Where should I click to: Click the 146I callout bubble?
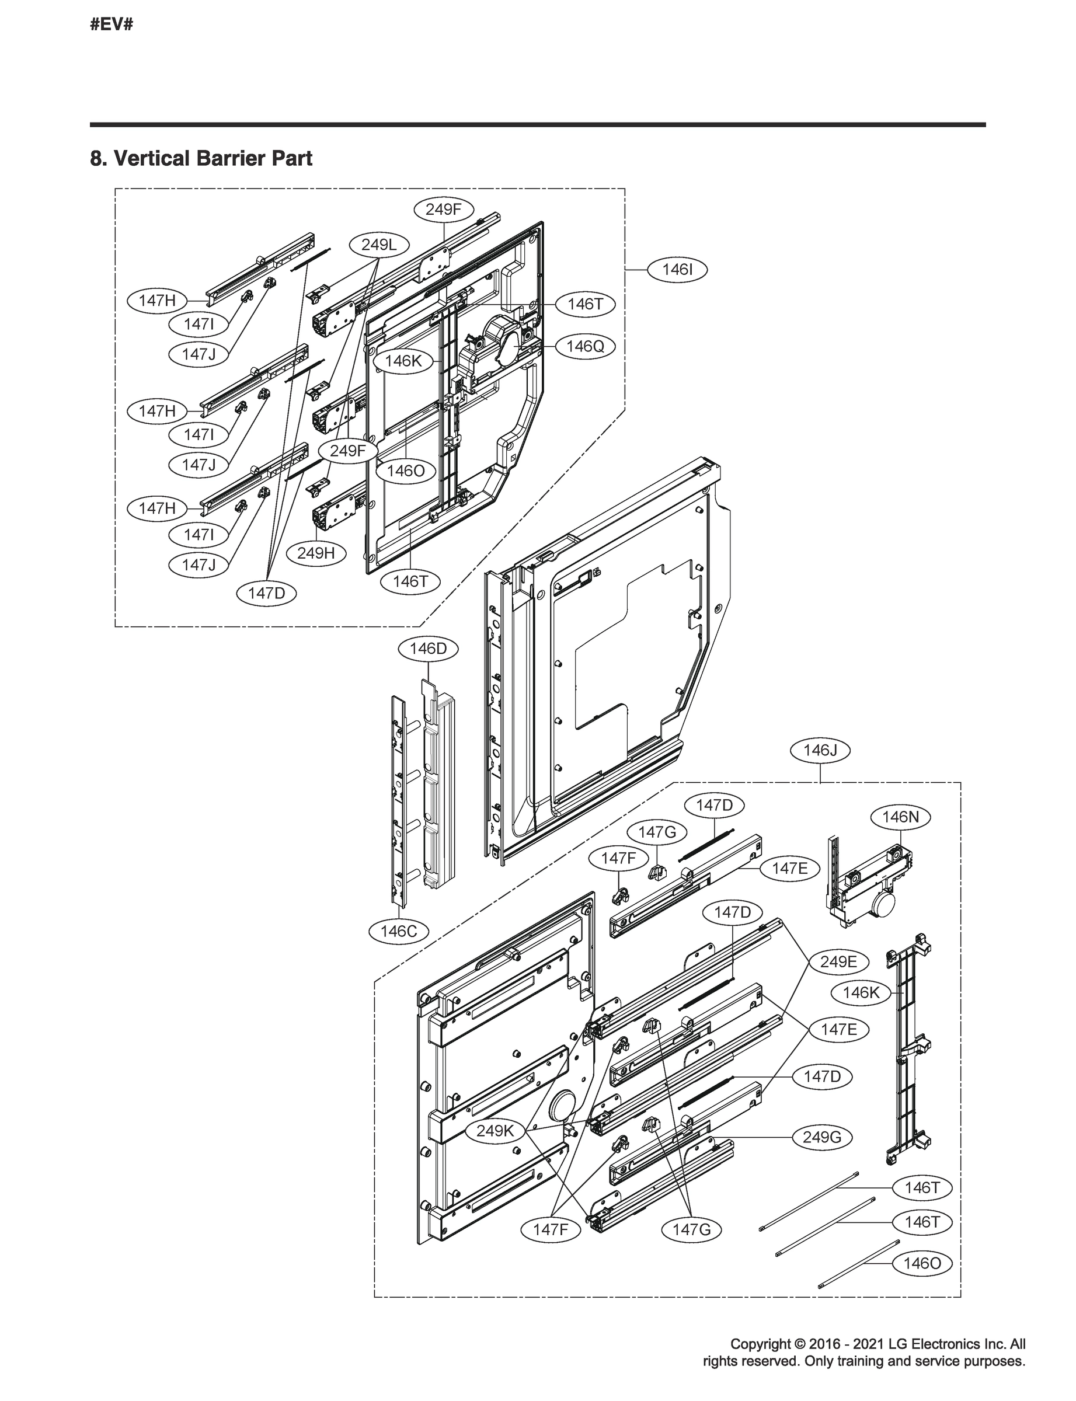point(677,270)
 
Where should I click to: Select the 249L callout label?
point(378,245)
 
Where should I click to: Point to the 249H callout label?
point(316,553)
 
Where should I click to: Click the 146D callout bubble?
point(428,649)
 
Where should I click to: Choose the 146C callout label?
point(398,931)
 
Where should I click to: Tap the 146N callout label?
point(900,817)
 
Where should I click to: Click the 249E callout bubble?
point(838,962)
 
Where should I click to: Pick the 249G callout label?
point(821,1137)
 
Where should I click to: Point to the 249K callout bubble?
point(495,1131)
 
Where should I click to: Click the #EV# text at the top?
point(112,25)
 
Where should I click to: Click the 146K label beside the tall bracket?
point(861,993)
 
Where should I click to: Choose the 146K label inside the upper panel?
point(403,361)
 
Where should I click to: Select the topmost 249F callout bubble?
point(444,209)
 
